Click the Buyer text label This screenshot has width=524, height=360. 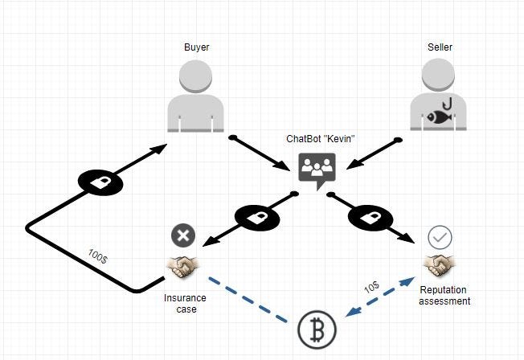click(197, 47)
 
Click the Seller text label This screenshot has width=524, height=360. click(440, 47)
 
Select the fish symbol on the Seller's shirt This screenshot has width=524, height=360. click(439, 117)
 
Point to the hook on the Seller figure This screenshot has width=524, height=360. click(451, 101)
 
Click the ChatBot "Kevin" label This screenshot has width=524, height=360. click(321, 138)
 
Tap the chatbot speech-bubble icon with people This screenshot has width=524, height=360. click(317, 170)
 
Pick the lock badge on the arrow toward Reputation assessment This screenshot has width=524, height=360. click(370, 217)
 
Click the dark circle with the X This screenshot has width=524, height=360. click(183, 235)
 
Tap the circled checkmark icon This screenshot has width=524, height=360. click(440, 237)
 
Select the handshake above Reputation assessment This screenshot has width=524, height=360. click(439, 264)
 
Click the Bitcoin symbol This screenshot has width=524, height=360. click(317, 329)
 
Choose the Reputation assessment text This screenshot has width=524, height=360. click(444, 295)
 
